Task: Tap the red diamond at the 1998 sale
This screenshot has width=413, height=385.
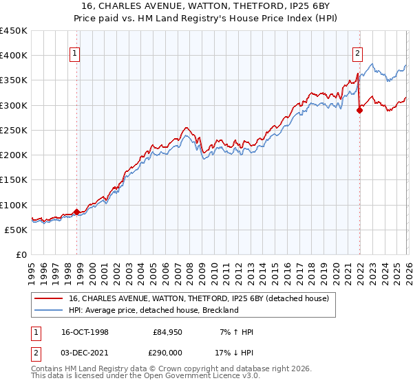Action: tap(76, 212)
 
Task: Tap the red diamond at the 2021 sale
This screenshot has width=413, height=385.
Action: tap(359, 110)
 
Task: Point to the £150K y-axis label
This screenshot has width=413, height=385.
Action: tap(14, 180)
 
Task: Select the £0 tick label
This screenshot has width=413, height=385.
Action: tap(21, 254)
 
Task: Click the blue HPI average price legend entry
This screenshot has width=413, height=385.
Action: tap(153, 310)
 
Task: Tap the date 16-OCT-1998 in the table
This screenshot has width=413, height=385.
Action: tap(84, 332)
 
